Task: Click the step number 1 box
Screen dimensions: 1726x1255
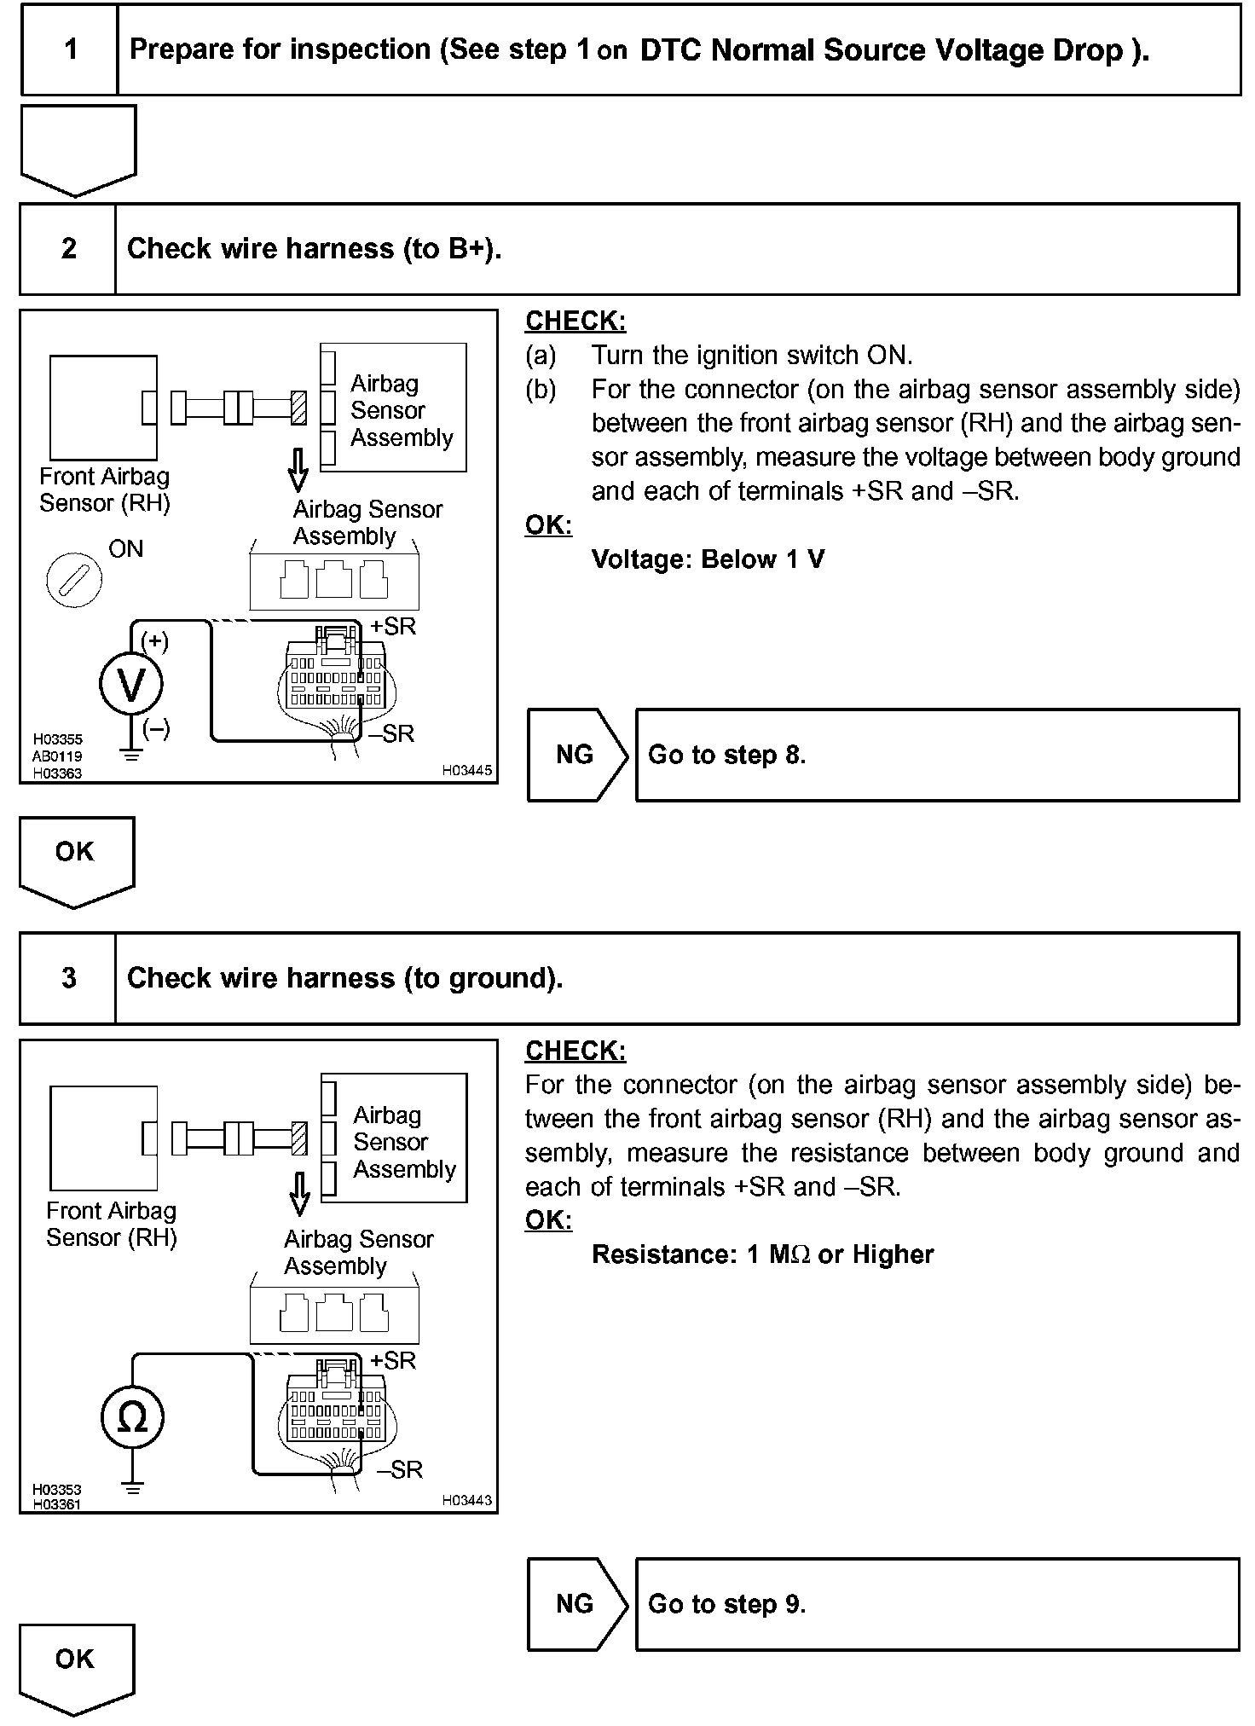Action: (70, 49)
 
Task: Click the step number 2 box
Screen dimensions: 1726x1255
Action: (68, 249)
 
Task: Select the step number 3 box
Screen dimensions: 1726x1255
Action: (68, 978)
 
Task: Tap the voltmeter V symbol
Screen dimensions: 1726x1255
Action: (130, 684)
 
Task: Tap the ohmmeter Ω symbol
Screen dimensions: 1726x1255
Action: (132, 1417)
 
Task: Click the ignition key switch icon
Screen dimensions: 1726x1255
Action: (74, 580)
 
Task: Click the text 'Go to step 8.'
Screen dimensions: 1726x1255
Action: (726, 755)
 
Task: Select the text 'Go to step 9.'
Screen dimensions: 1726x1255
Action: (726, 1604)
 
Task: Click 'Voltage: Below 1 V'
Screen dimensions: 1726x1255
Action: (708, 559)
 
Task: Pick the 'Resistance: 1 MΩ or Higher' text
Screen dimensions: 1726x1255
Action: (762, 1254)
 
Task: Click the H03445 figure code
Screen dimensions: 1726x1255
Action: (466, 770)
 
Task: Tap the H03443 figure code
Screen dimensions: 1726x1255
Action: (466, 1500)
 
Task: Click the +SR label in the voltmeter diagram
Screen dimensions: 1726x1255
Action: (393, 627)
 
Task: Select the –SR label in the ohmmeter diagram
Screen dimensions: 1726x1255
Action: (399, 1469)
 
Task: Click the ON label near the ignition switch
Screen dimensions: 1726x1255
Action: (126, 549)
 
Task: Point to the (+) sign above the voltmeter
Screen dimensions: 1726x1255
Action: (154, 640)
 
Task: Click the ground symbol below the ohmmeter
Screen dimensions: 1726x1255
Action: (132, 1488)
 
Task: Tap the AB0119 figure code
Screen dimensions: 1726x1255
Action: (58, 756)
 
